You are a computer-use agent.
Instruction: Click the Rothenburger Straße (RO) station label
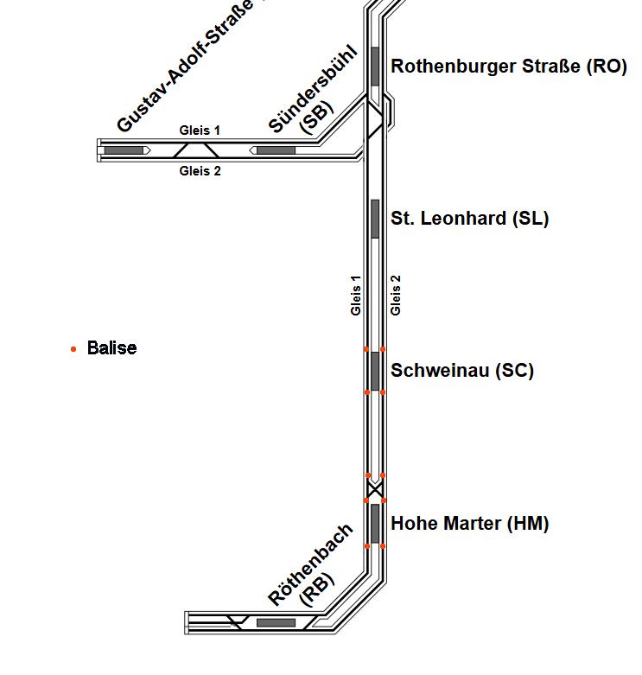click(x=508, y=67)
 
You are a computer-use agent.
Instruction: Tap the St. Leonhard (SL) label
click(x=469, y=218)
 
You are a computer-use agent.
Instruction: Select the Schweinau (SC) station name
click(x=462, y=371)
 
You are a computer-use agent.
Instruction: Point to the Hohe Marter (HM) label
click(x=469, y=523)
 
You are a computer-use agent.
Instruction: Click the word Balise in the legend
click(x=111, y=348)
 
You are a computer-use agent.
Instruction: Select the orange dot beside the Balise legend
click(x=73, y=349)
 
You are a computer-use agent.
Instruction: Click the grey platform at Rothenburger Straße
click(x=375, y=66)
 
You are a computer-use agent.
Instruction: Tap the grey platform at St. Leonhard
click(x=375, y=219)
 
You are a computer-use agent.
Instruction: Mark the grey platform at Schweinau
click(x=375, y=371)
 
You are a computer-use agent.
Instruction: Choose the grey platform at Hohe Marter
click(x=375, y=523)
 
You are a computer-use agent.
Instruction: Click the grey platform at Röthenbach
click(x=276, y=622)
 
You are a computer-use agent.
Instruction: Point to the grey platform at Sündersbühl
click(x=276, y=150)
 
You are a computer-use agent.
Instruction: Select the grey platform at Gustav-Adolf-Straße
click(x=124, y=150)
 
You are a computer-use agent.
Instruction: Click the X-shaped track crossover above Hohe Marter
click(x=375, y=489)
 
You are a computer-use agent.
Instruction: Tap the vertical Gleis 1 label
click(x=356, y=295)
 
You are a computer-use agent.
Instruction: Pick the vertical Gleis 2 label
click(x=396, y=295)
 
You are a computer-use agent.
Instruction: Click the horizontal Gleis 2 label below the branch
click(x=200, y=171)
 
